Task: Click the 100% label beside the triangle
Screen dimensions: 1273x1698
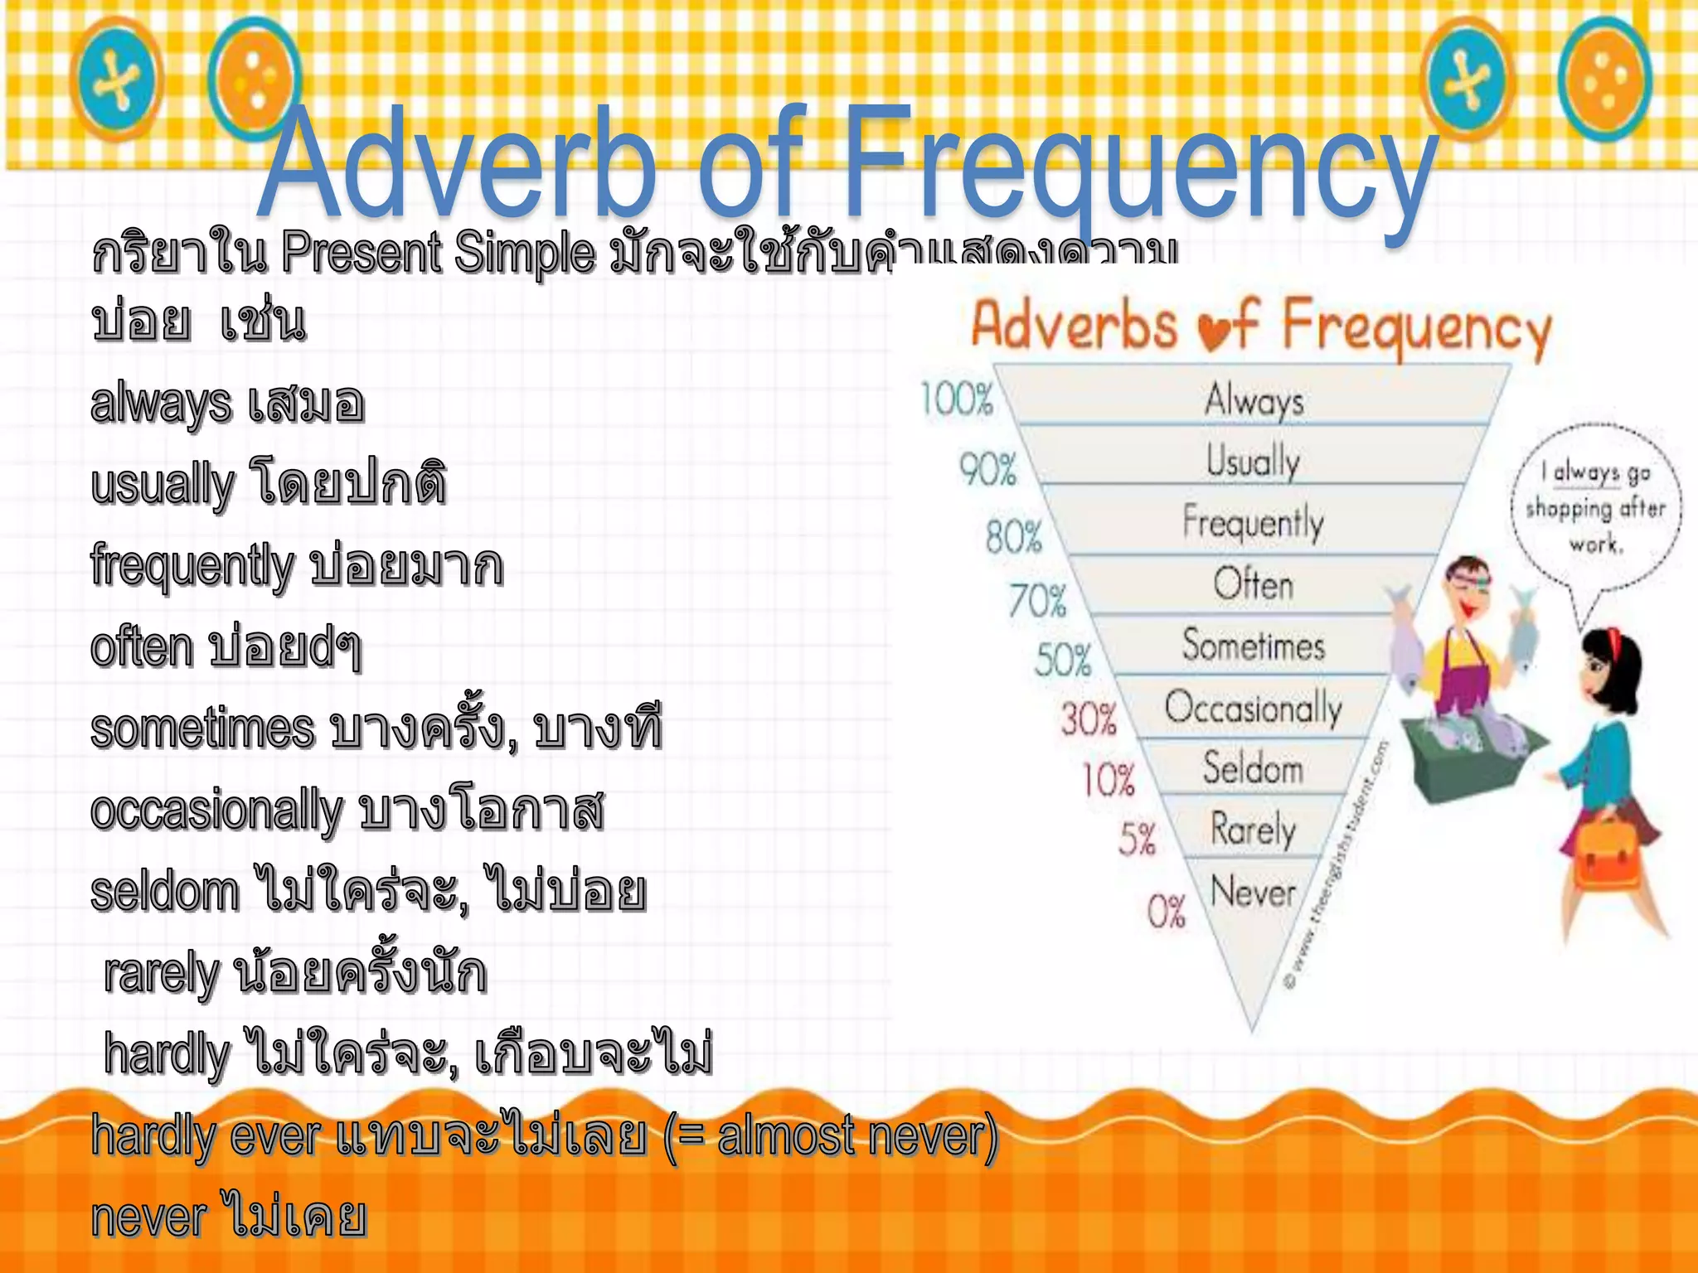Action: pos(957,399)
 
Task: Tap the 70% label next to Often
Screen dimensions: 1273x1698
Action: pos(1037,601)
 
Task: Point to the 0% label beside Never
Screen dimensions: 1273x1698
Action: pos(1166,912)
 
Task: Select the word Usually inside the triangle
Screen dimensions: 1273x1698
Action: pos(1253,461)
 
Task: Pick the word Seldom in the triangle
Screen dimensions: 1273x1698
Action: pos(1253,768)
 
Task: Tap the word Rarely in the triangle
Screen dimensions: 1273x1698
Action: pos(1253,830)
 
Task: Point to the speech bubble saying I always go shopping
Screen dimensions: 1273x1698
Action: pos(1596,507)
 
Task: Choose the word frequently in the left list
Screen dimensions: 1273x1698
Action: pos(192,566)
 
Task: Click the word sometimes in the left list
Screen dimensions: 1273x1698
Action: pos(202,728)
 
